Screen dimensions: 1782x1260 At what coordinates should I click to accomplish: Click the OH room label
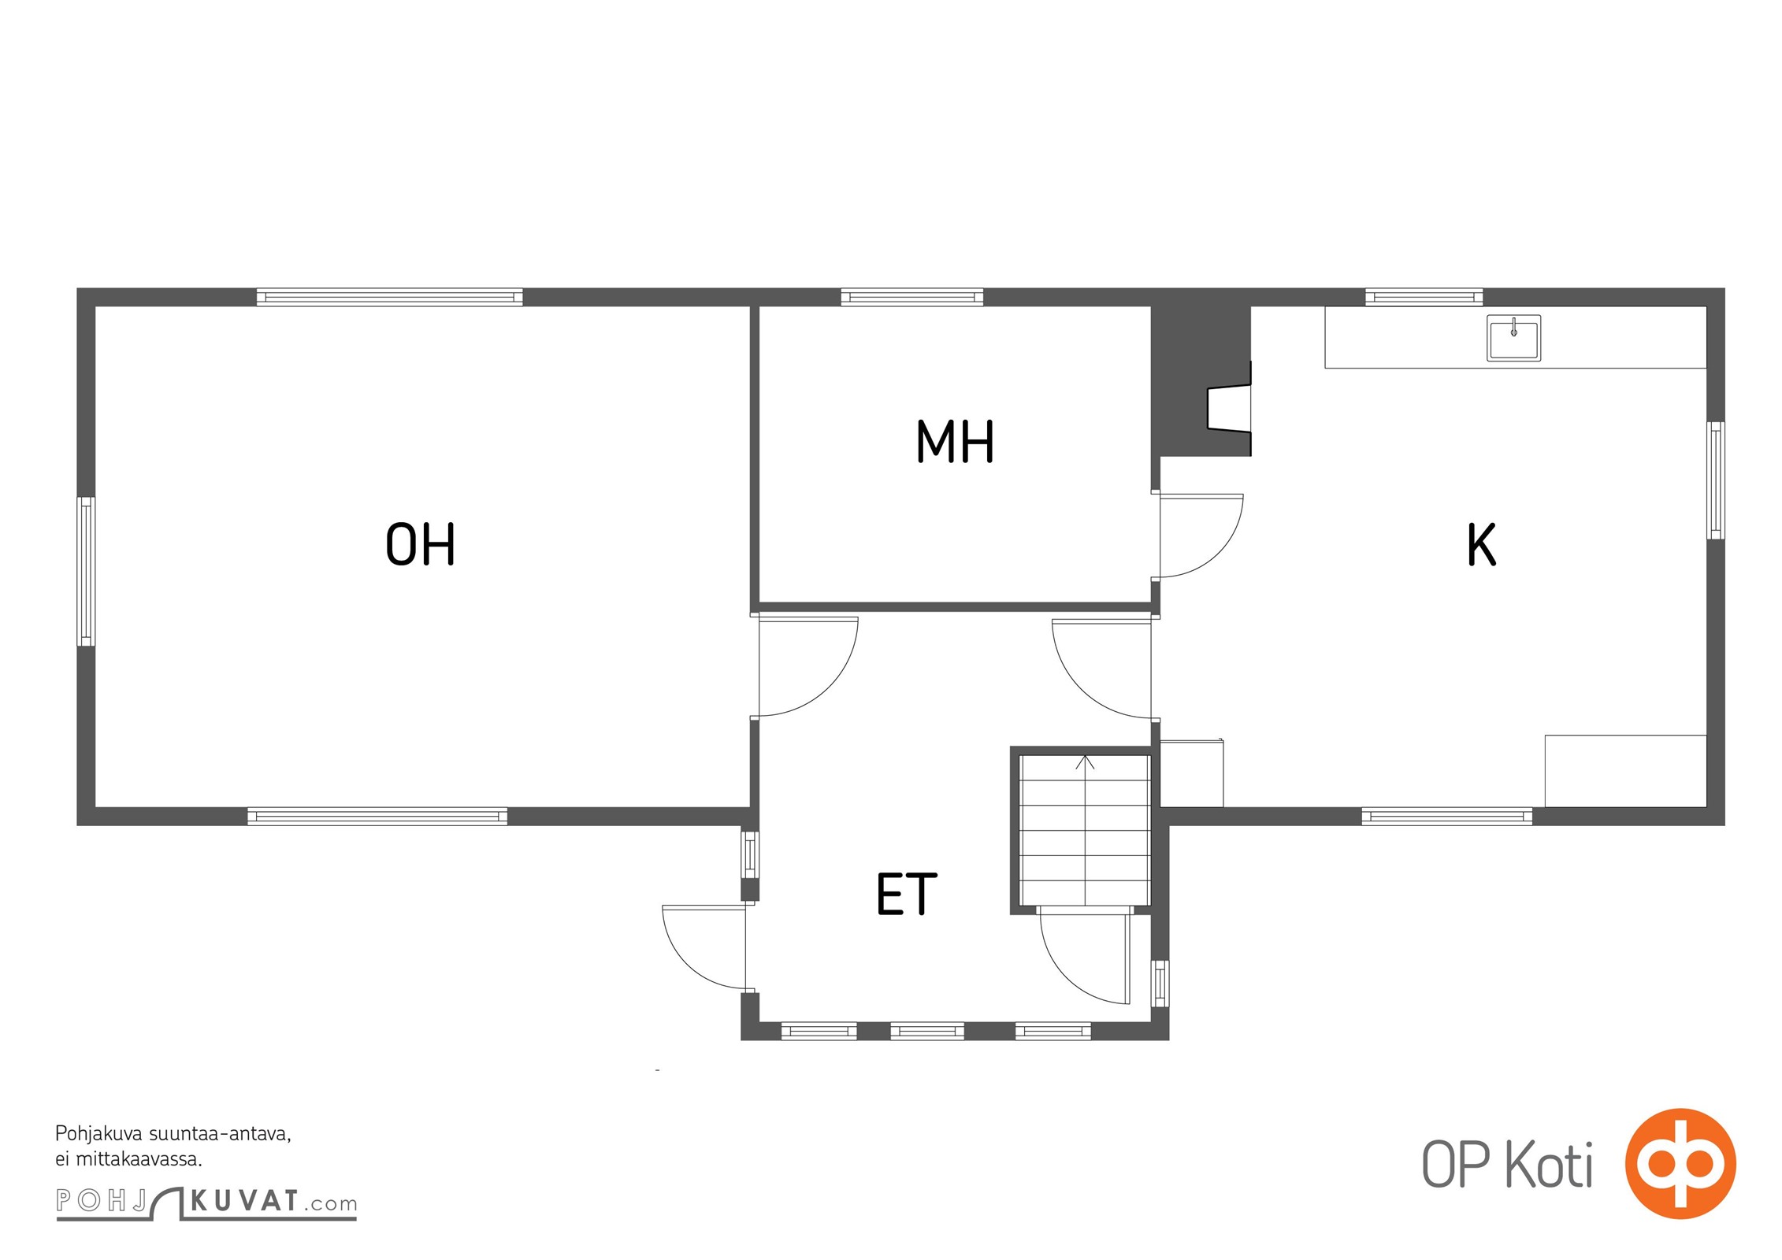[420, 544]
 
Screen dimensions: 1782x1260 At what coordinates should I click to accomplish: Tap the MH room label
[955, 441]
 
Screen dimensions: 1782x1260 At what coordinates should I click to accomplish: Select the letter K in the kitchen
[1481, 544]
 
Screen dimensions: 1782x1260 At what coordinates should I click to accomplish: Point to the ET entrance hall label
[907, 894]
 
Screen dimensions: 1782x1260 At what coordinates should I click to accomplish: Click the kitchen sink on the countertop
[1513, 338]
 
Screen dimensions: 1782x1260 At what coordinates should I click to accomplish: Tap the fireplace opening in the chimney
[1229, 409]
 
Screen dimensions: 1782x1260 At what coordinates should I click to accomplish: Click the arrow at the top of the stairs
[1085, 762]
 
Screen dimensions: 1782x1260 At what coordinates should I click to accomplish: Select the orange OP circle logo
[1680, 1163]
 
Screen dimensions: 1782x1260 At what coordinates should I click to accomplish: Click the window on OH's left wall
[86, 572]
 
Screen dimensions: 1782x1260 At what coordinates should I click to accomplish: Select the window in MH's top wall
[911, 297]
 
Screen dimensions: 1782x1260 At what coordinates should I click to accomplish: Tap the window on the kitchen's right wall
[1715, 480]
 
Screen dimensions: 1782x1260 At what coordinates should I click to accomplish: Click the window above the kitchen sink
[1424, 297]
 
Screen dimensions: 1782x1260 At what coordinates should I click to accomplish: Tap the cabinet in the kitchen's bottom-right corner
[1625, 771]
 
